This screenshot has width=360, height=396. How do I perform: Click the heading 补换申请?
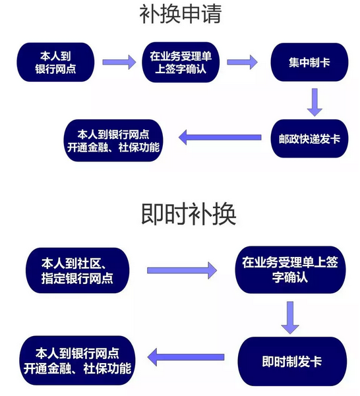pos(181,14)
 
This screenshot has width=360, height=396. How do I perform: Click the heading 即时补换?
pos(189,214)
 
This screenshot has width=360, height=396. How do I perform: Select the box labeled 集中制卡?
pos(309,62)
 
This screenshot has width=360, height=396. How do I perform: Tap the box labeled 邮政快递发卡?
pos(309,138)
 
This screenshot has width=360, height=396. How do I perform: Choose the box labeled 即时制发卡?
pos(292,361)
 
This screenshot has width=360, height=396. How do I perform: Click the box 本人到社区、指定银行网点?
pos(78,271)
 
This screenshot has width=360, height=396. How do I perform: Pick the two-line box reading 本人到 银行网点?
pos(55,62)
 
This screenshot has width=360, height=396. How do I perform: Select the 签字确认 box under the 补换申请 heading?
pos(181,62)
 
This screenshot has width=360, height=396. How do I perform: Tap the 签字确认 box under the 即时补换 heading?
pos(290,270)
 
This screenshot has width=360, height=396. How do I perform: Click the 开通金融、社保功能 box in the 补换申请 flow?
pos(113,140)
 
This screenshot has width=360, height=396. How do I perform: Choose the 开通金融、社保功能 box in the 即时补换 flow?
pos(78,360)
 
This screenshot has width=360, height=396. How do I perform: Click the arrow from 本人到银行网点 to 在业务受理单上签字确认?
pos(119,62)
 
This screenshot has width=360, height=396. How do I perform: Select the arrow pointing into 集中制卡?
pos(242,62)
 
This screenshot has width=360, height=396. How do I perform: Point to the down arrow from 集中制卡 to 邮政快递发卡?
pos(315,102)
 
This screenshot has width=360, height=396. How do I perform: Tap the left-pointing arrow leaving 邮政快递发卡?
pos(220,138)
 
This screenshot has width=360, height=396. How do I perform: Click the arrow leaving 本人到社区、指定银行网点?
pos(182,271)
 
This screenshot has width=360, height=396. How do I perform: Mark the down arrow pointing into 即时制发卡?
pos(290,318)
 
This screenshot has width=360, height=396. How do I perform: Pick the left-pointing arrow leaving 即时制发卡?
pos(186,357)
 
